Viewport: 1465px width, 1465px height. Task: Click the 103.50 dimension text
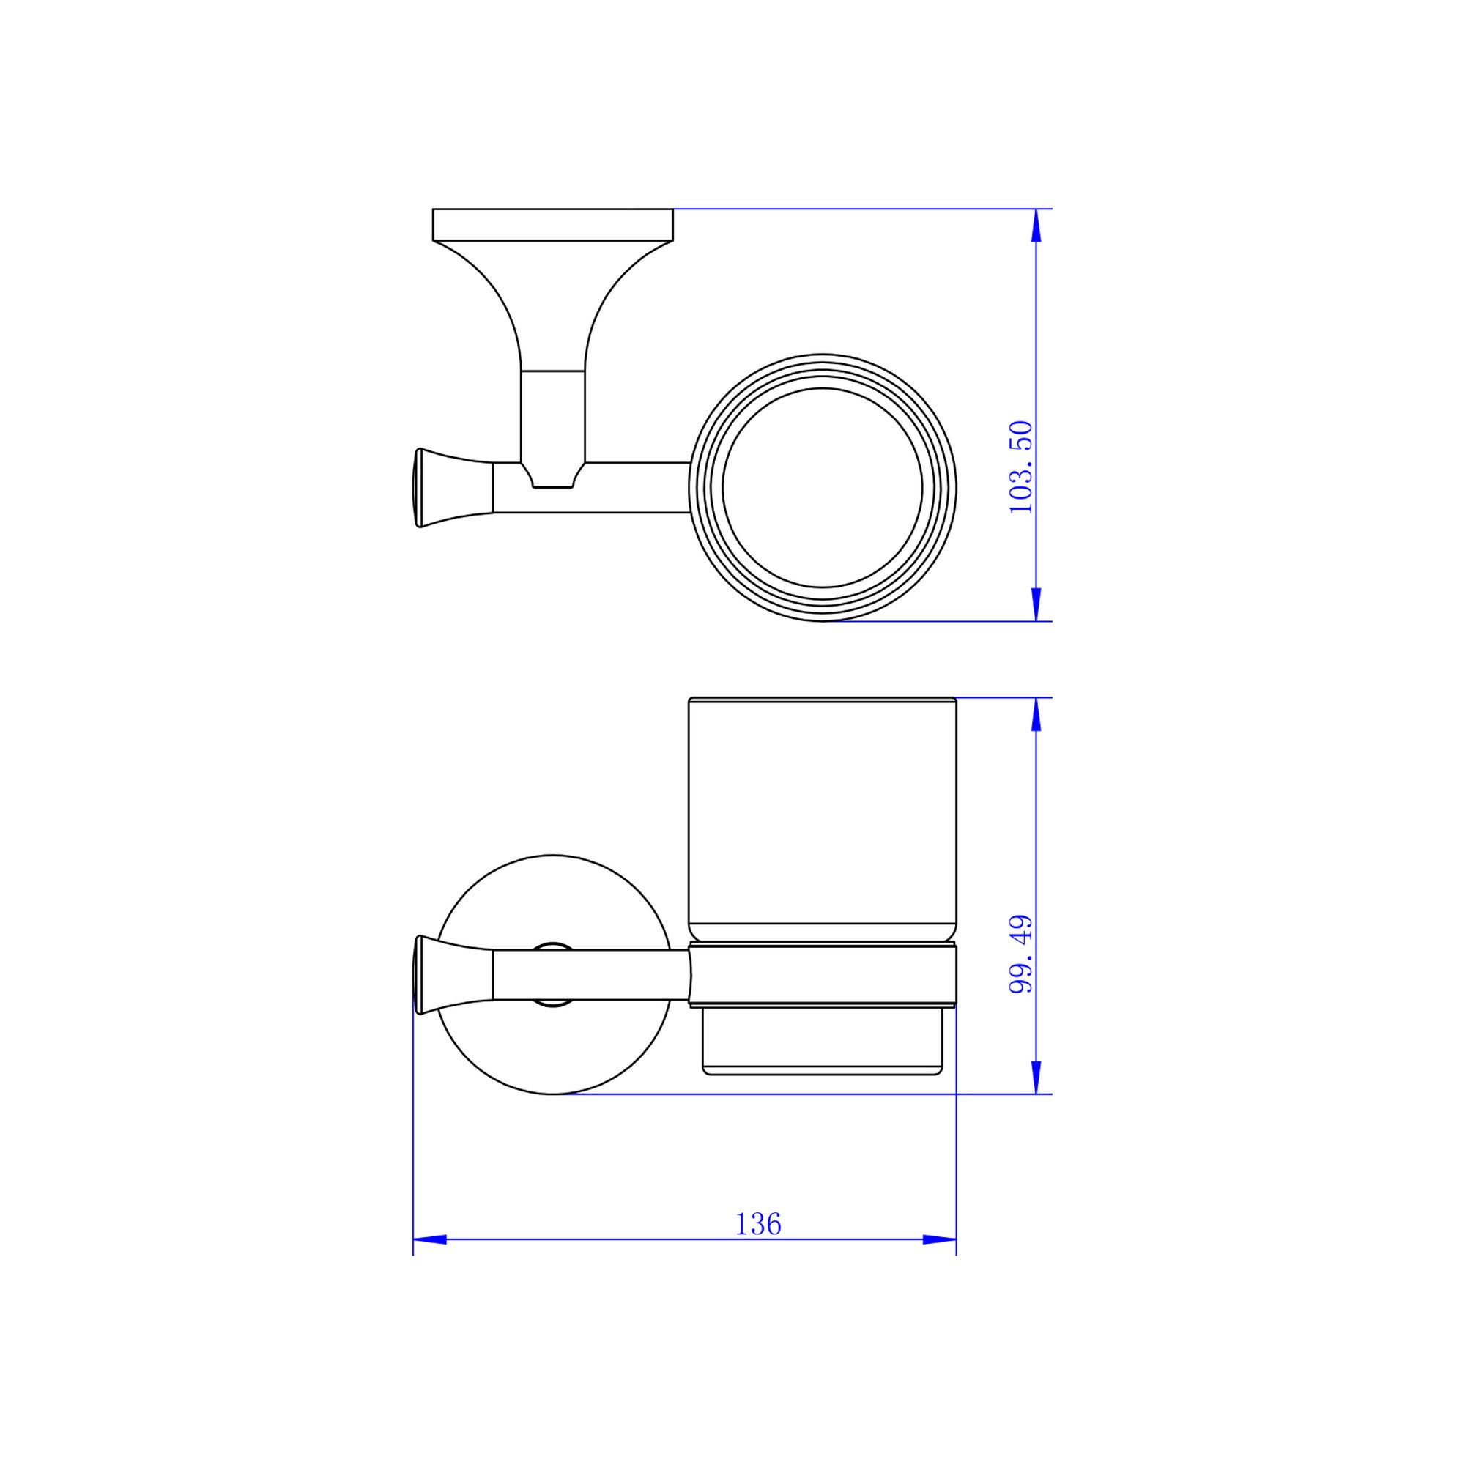(1020, 467)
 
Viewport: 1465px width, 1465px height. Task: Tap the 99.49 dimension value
(1020, 954)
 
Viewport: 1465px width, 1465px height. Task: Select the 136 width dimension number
(757, 1225)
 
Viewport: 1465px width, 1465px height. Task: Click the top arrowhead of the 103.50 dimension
(1036, 225)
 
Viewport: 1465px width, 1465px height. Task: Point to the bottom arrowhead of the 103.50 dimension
(1036, 604)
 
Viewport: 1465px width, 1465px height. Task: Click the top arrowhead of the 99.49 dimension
(1036, 714)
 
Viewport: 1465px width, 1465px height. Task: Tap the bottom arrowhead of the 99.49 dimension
(1036, 1077)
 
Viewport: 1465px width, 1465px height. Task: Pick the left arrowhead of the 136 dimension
(430, 1240)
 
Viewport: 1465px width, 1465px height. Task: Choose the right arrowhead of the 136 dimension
(940, 1240)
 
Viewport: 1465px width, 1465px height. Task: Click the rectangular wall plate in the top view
(553, 224)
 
